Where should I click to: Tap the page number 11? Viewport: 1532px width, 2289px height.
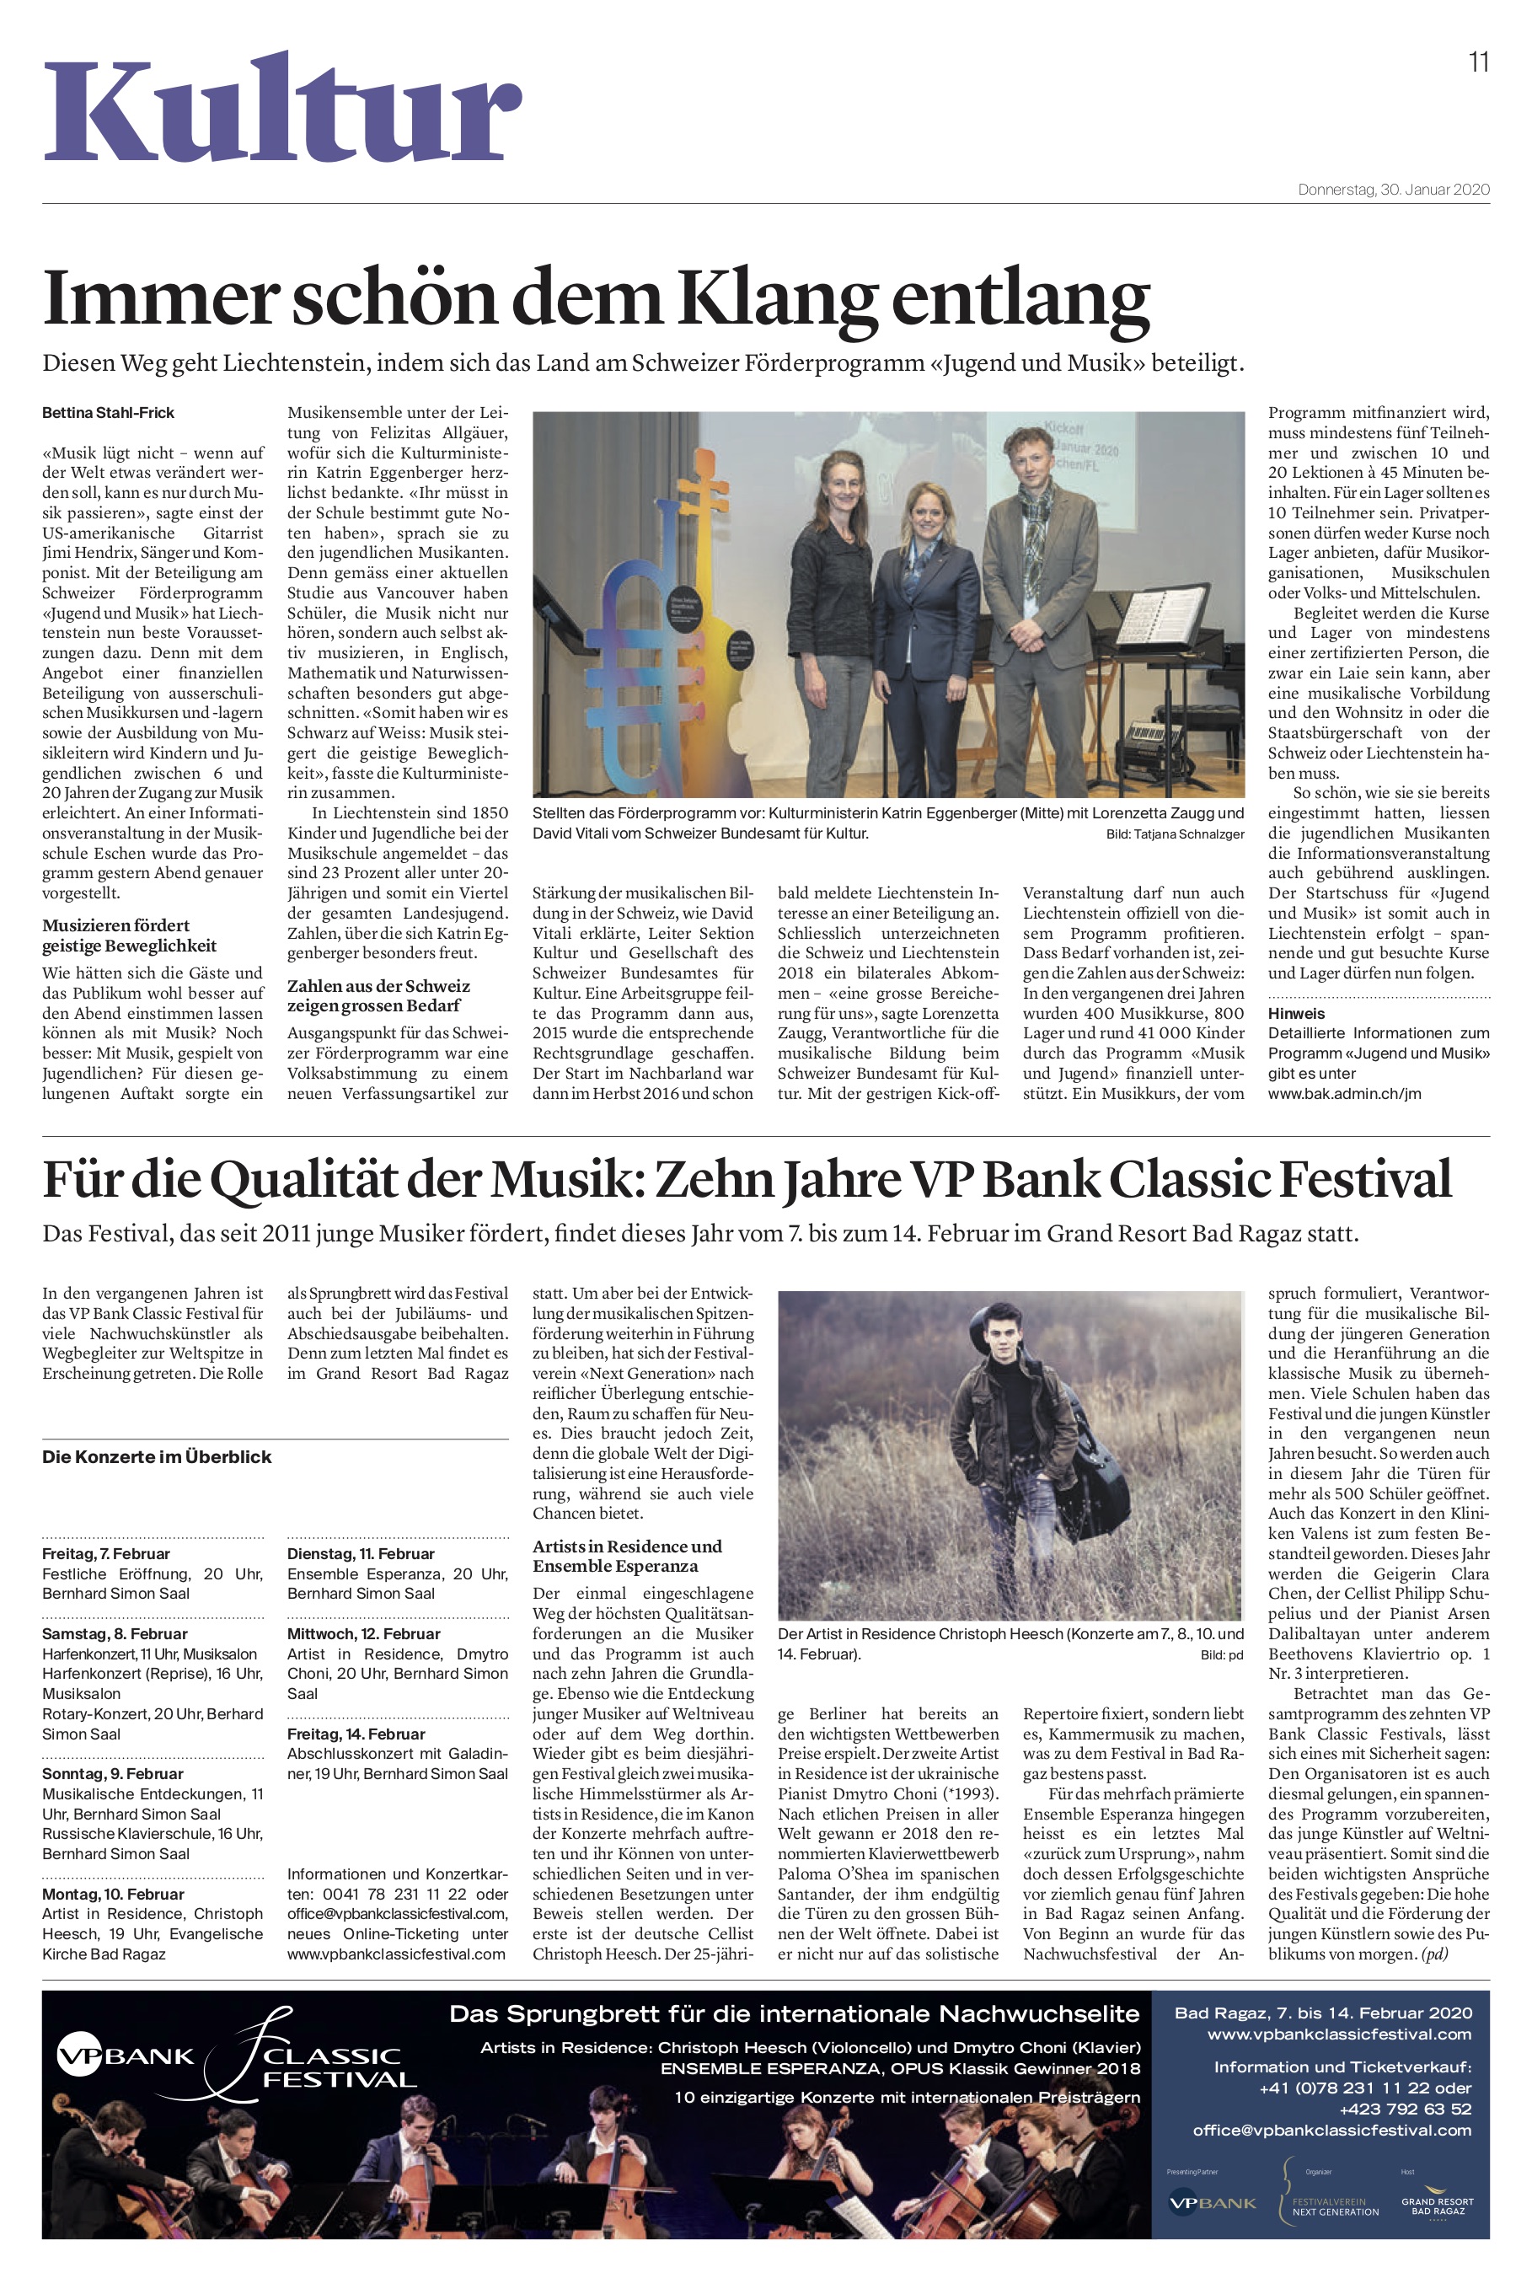[1478, 62]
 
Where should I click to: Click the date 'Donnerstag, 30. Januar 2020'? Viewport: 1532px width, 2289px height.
[1393, 190]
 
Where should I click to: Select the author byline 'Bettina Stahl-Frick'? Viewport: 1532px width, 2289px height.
[109, 412]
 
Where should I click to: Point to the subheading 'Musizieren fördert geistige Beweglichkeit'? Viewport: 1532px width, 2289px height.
[129, 935]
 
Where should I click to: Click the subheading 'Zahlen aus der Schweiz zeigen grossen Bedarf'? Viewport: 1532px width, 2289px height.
[378, 995]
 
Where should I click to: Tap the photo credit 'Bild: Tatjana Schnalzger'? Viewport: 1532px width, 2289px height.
[1175, 834]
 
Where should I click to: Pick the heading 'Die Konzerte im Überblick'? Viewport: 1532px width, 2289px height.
[157, 1456]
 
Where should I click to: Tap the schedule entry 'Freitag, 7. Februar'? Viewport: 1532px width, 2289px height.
[105, 1553]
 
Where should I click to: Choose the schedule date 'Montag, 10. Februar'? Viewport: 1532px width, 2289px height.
[112, 1894]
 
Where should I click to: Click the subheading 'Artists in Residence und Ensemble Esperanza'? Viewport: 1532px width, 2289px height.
[627, 1555]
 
